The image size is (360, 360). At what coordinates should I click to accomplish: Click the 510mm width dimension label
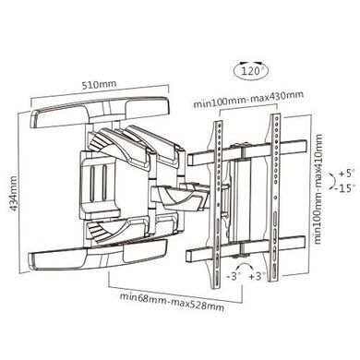(x=99, y=84)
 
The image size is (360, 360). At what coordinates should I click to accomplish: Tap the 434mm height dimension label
(x=13, y=193)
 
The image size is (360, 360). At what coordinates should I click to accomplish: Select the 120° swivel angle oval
(x=251, y=71)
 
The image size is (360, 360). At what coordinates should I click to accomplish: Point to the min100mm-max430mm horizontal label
(x=248, y=99)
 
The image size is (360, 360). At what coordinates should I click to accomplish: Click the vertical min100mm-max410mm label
(x=318, y=189)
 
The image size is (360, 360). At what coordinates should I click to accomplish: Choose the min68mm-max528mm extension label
(x=172, y=302)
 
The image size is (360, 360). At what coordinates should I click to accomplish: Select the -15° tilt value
(x=346, y=187)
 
